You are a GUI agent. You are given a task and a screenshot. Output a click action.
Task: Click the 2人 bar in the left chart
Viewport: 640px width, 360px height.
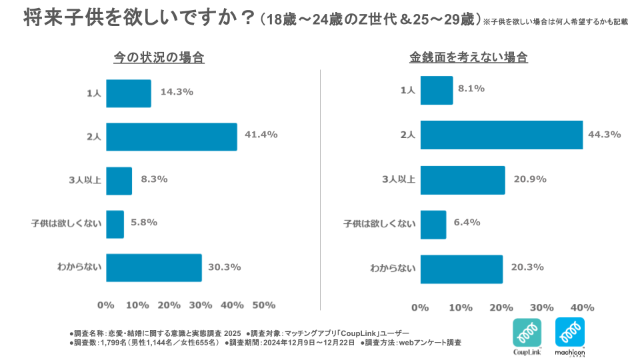coord(171,137)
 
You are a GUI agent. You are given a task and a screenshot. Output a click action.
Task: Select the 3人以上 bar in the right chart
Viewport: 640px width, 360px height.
coord(462,179)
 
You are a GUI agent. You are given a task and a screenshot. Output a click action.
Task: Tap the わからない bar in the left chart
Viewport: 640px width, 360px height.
coord(153,267)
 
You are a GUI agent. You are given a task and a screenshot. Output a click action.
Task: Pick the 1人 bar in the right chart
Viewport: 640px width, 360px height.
coord(436,90)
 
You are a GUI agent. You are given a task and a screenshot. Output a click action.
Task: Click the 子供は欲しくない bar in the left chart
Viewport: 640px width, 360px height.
coord(115,224)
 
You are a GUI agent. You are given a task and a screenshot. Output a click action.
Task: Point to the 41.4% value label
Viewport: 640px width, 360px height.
coord(261,135)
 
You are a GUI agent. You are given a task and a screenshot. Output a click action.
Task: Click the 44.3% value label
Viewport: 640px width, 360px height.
coord(604,135)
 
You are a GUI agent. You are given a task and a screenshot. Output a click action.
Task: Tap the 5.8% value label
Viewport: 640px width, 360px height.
coord(143,222)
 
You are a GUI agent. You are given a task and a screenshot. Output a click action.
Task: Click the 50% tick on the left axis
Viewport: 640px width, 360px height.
coord(264,305)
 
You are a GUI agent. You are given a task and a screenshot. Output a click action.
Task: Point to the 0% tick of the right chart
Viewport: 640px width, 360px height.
coord(420,307)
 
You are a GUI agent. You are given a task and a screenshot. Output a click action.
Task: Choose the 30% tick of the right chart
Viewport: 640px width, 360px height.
coord(542,307)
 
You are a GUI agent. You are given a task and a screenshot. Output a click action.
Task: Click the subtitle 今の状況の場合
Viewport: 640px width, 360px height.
coord(159,58)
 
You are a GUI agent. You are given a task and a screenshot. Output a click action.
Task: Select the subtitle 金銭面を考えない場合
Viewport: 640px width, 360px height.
coord(469,58)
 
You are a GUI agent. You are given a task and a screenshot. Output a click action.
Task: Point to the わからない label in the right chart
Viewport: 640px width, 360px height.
coord(393,269)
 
